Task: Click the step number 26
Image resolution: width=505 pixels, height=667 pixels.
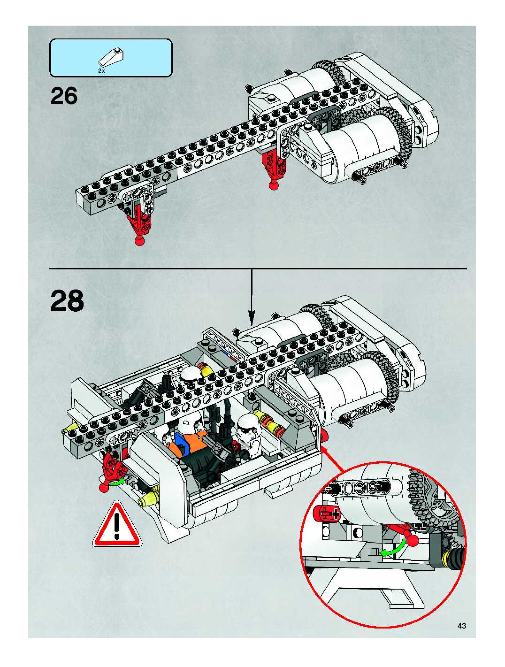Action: click(64, 96)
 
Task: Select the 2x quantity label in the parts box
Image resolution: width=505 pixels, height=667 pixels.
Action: click(101, 71)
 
